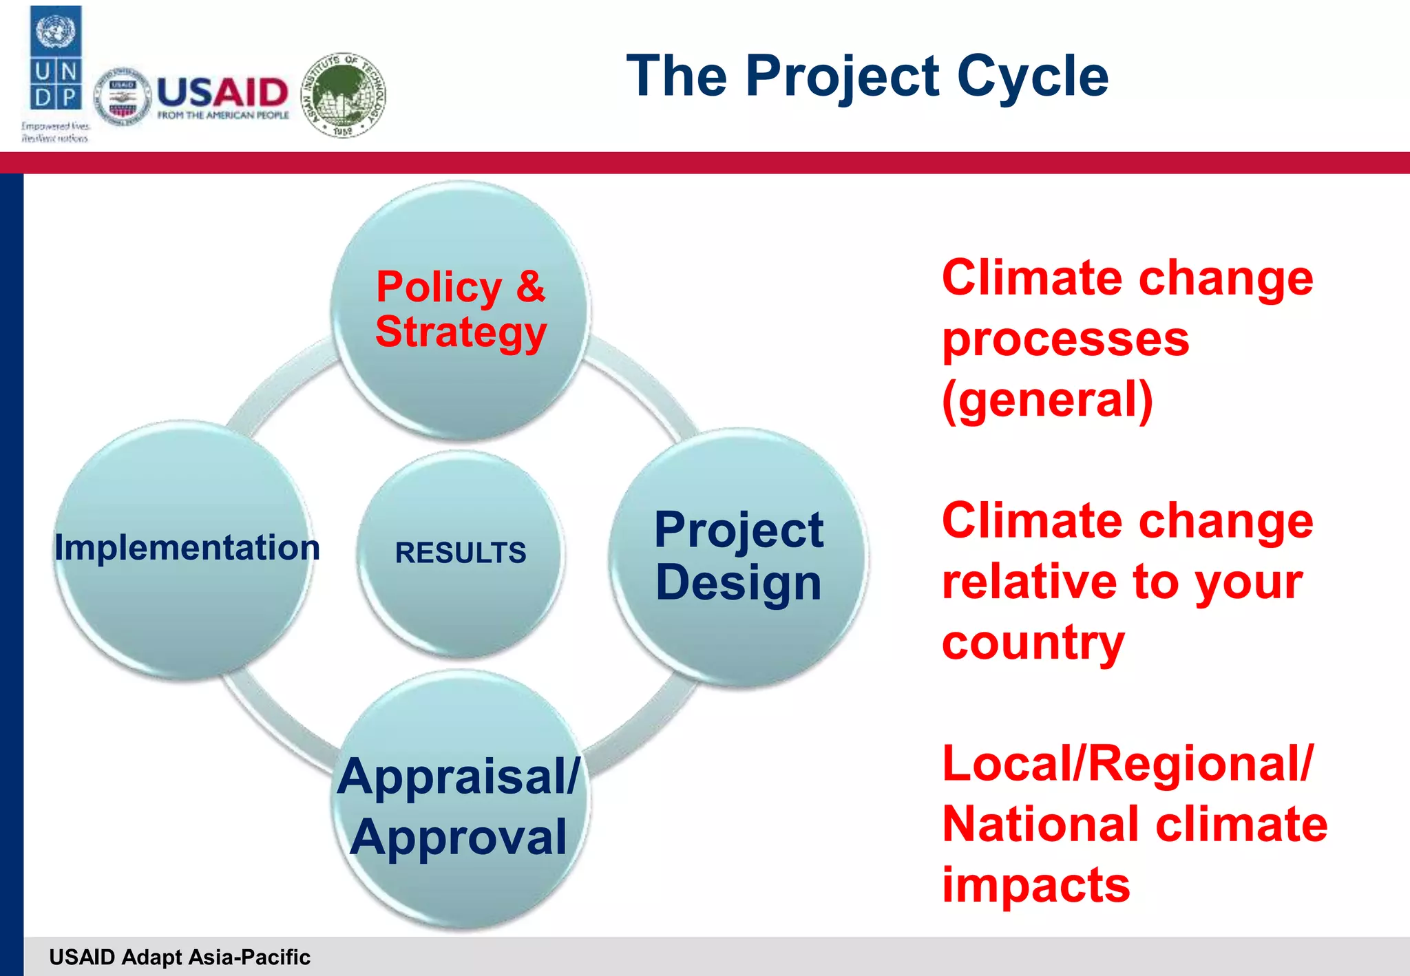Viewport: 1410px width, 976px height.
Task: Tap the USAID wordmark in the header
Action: [x=222, y=92]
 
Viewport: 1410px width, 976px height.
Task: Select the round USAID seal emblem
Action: [x=123, y=97]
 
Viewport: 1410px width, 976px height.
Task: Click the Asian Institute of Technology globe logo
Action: [x=344, y=95]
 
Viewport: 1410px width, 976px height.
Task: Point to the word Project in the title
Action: [x=842, y=77]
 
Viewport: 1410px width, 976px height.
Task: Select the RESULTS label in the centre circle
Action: [x=460, y=553]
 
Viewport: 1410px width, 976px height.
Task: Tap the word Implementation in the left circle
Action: [x=187, y=548]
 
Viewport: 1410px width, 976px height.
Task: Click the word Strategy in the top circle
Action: [x=461, y=332]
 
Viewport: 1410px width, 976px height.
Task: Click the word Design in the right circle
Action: [x=738, y=583]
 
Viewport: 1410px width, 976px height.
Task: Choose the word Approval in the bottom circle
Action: [x=459, y=837]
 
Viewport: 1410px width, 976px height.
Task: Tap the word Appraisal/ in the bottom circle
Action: [x=459, y=776]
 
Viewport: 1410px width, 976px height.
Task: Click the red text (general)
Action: [x=1046, y=400]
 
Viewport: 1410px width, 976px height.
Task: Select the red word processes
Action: [x=1065, y=339]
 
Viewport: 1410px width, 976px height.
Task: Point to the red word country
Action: [x=1033, y=642]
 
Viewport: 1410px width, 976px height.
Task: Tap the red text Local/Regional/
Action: [x=1128, y=763]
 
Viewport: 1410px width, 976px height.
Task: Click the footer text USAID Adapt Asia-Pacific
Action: [x=180, y=957]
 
